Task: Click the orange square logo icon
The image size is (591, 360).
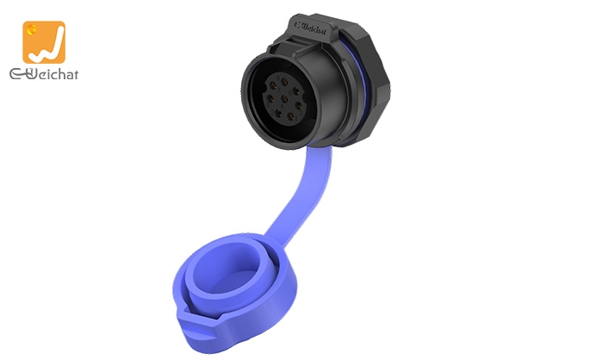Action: [44, 41]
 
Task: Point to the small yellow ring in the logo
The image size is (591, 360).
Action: [33, 30]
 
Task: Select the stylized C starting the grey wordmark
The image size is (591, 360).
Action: [16, 76]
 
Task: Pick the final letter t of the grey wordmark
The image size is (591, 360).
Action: [75, 76]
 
